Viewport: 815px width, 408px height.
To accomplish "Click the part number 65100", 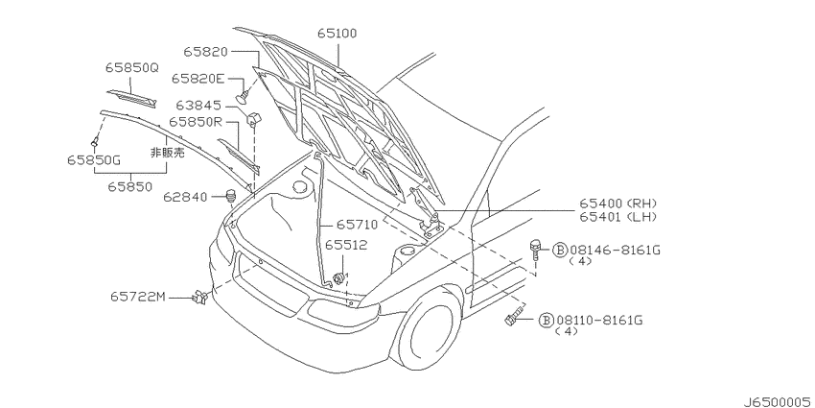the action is pos(338,34).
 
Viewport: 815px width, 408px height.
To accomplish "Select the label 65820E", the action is pos(198,79).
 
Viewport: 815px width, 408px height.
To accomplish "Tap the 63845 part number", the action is pos(198,107).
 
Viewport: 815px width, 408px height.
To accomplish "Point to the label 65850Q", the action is pos(132,67).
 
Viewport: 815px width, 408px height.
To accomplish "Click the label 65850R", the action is pos(196,122).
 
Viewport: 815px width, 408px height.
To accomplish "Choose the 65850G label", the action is pos(94,160).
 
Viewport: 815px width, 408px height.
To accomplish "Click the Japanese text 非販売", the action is pos(168,153).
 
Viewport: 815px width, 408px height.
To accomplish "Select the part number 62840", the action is pos(186,197).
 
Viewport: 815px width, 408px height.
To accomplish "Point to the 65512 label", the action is pos(346,245).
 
